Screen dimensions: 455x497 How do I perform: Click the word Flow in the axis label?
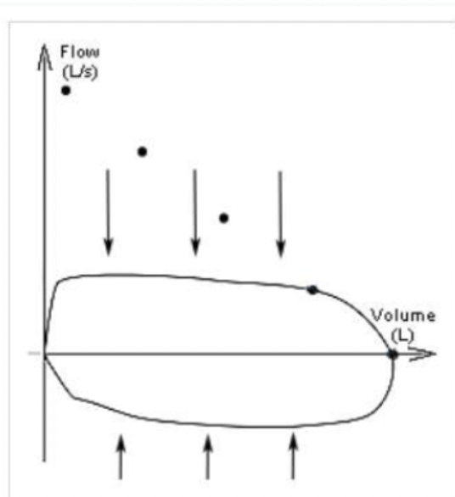coord(80,52)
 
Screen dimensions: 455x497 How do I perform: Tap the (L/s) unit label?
coord(80,73)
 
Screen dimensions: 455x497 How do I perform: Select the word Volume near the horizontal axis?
coord(403,316)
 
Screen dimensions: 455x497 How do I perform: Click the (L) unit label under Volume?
coord(402,336)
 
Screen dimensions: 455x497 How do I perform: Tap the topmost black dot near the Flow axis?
coord(65,91)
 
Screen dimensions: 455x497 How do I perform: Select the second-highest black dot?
coord(142,152)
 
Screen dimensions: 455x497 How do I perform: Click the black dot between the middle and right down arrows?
coord(224,218)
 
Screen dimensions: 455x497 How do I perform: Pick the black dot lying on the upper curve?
coord(312,290)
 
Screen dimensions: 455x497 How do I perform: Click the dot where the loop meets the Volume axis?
coord(393,354)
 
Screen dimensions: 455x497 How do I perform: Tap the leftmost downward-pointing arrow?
coord(108,212)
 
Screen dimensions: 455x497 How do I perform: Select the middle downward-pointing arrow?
coord(195,212)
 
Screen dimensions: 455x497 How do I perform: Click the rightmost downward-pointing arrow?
coord(280,215)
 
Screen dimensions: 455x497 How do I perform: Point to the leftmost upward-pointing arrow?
coord(121,456)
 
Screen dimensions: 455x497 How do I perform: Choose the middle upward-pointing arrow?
coord(207,456)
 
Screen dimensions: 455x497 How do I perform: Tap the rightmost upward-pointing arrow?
coord(293,456)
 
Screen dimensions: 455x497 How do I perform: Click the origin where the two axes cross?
coord(45,354)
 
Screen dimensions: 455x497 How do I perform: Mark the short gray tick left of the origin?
coord(34,354)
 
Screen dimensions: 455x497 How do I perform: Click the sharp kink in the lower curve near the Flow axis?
coord(74,398)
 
